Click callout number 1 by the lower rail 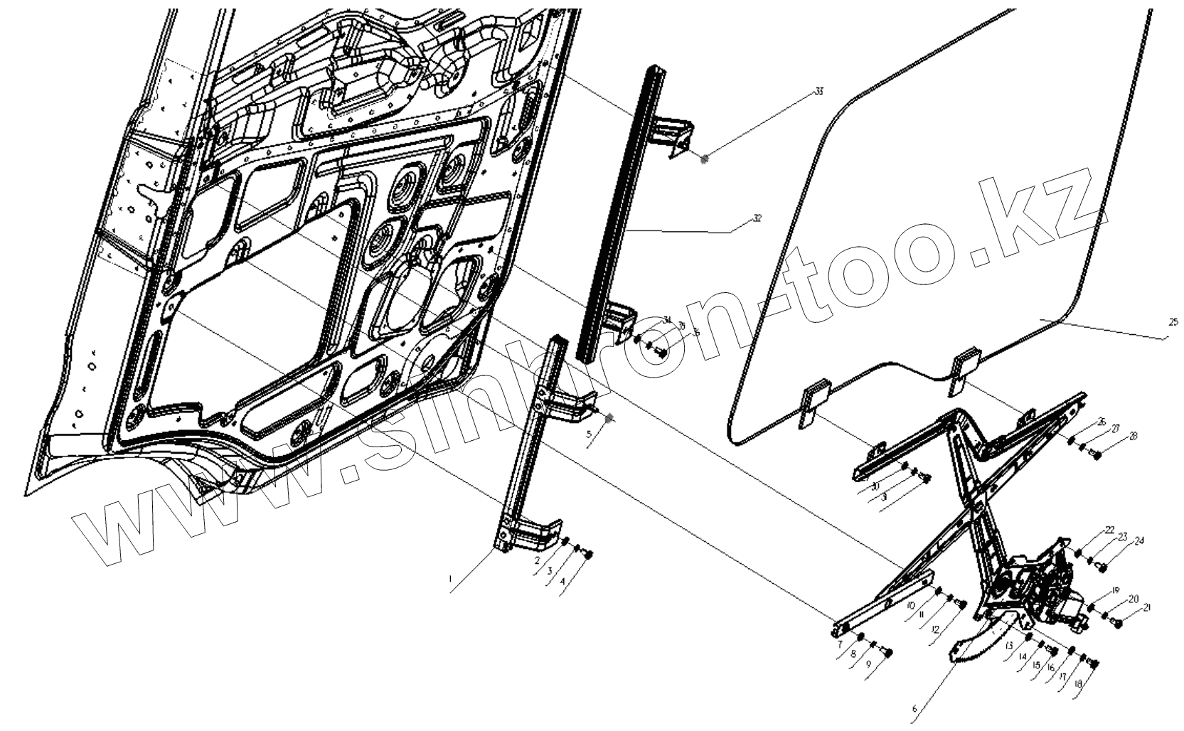click(x=450, y=580)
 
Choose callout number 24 click(x=1139, y=541)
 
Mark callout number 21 click(x=1146, y=607)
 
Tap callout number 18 click(x=1078, y=684)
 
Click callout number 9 click(x=868, y=664)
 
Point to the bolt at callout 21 click(x=1116, y=624)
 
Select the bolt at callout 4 click(x=589, y=555)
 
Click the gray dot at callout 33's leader click(x=705, y=160)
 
